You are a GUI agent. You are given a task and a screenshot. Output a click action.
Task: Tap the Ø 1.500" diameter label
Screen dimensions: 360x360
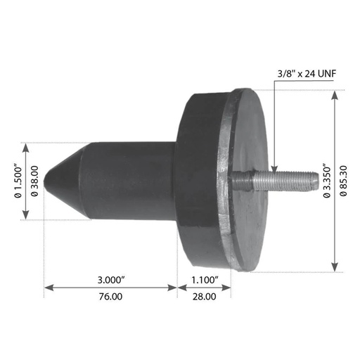point(15,181)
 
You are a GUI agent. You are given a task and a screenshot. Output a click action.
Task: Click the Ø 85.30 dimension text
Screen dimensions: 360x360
point(345,181)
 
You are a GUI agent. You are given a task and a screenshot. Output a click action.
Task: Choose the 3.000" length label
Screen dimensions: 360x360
point(111,280)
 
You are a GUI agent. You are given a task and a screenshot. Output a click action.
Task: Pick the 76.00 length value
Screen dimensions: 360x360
point(110,296)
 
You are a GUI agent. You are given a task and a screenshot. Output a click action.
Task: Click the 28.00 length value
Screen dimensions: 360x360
point(204,296)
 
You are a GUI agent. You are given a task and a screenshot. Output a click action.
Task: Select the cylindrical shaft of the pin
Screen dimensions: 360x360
point(130,181)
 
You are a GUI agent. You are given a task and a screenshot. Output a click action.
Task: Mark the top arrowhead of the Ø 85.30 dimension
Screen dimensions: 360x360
point(335,94)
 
